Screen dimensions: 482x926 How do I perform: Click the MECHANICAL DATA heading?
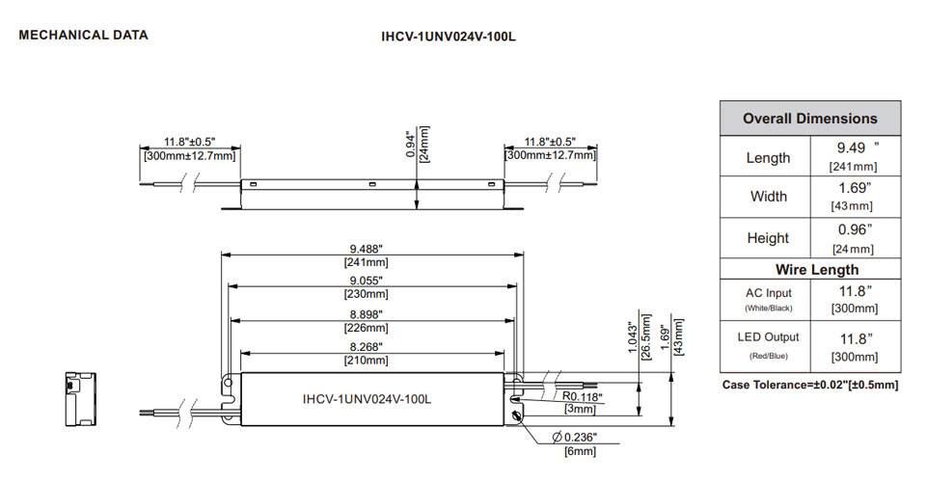click(84, 36)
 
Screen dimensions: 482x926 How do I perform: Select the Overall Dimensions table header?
click(810, 119)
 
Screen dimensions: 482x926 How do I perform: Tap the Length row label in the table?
click(768, 157)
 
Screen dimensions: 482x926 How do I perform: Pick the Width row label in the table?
click(768, 197)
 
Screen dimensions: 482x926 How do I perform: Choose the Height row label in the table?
click(768, 238)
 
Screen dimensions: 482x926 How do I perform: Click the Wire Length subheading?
click(810, 269)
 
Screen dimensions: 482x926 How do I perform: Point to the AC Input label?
click(768, 293)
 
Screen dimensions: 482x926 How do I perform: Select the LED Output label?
click(768, 337)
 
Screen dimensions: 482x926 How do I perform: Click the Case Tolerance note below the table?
click(810, 385)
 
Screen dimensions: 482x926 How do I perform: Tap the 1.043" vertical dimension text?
click(633, 339)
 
